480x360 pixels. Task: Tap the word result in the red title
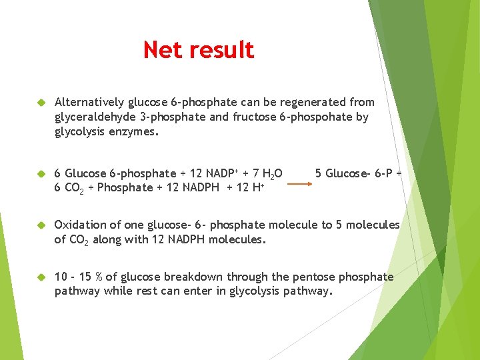point(221,50)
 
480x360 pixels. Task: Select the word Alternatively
point(89,102)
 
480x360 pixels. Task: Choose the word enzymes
point(136,131)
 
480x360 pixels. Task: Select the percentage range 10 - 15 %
point(81,277)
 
